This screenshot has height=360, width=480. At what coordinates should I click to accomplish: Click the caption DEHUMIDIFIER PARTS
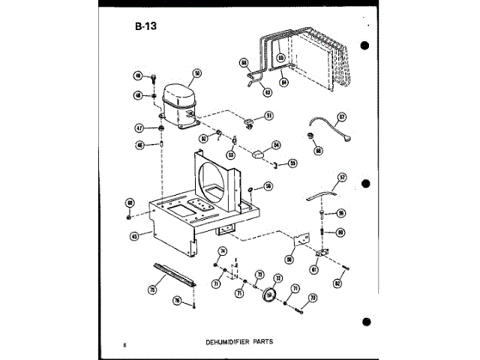click(x=238, y=340)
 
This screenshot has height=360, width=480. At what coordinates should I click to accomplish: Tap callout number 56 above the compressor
click(x=197, y=73)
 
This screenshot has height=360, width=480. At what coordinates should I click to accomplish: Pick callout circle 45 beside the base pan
click(x=135, y=235)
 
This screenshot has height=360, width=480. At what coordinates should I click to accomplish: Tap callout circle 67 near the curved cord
click(x=341, y=117)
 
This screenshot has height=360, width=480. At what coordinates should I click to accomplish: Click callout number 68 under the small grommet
click(x=318, y=150)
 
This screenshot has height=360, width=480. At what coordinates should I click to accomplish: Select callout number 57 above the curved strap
click(x=342, y=178)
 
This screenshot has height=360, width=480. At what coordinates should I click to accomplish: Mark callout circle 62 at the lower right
click(x=337, y=283)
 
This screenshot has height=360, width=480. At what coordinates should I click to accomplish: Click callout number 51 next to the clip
click(x=269, y=115)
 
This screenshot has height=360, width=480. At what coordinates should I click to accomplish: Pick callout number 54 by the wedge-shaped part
click(x=276, y=145)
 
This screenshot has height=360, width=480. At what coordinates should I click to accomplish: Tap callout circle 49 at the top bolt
click(x=138, y=76)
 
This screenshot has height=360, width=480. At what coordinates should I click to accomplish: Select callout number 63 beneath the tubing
click(x=267, y=92)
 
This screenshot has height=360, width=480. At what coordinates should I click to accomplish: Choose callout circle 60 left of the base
click(x=130, y=202)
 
